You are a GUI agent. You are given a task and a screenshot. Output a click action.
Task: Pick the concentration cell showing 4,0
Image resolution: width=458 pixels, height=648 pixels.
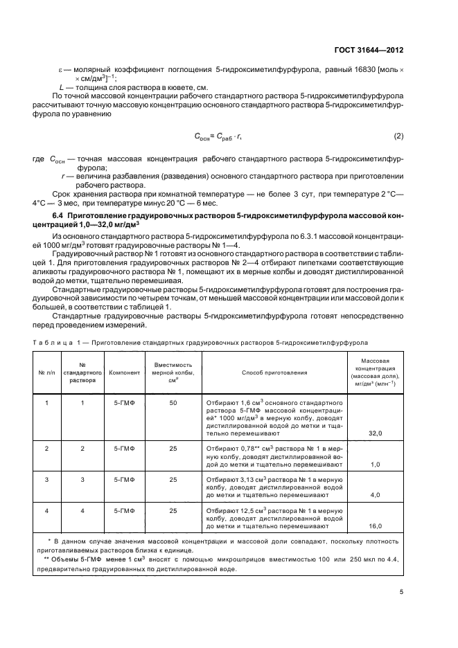tap(374, 496)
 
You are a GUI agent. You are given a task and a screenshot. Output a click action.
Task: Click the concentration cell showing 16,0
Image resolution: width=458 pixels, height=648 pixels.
tap(374, 526)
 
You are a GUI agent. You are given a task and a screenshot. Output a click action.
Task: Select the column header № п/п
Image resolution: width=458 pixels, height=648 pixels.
tap(46, 372)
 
